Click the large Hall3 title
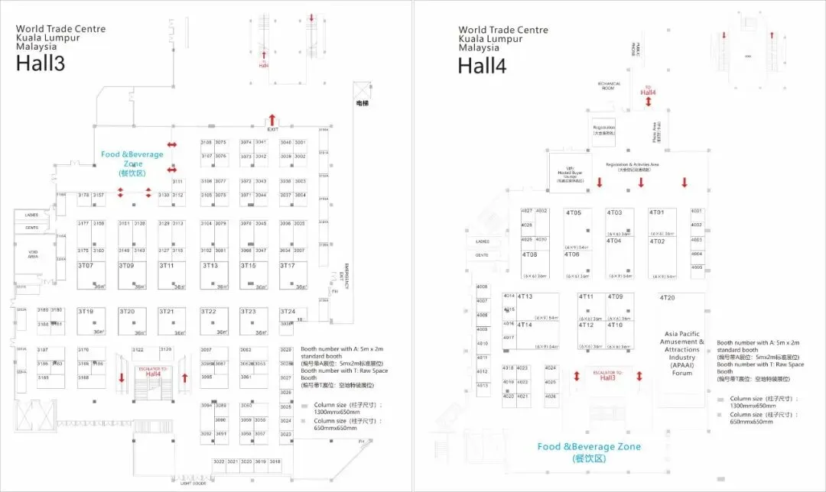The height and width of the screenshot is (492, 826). (41, 63)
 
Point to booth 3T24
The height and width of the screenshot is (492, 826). (288, 312)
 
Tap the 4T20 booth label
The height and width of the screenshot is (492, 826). (668, 298)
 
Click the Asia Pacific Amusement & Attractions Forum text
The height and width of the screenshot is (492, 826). (681, 353)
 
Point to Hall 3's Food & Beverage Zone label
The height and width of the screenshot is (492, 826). (132, 159)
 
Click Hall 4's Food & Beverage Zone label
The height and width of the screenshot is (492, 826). (589, 452)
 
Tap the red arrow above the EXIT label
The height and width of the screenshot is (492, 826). (272, 119)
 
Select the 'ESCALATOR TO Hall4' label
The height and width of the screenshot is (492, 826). (153, 372)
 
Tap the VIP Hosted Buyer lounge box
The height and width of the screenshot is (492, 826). (570, 173)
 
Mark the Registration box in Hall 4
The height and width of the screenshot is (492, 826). (605, 130)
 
